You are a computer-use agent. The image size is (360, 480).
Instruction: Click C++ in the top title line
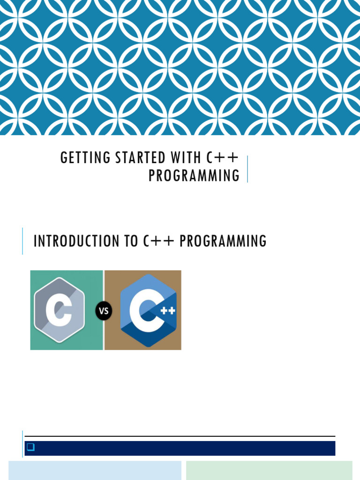[223, 158]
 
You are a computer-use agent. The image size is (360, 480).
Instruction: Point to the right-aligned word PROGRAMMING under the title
[194, 175]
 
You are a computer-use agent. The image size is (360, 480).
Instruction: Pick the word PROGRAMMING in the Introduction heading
[223, 241]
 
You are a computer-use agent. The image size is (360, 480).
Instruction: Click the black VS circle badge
[104, 311]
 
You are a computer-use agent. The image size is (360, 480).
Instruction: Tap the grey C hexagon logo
[59, 310]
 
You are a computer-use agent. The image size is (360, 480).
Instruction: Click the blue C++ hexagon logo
[148, 310]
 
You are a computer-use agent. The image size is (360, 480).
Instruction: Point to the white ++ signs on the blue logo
[168, 310]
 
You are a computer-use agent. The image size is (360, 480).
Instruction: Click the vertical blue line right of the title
[247, 169]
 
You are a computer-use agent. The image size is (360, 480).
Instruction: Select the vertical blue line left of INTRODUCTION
[22, 241]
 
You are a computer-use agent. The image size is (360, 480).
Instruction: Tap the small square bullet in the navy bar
[30, 448]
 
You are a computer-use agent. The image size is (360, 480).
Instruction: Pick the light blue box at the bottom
[95, 470]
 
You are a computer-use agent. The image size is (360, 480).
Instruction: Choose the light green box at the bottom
[269, 470]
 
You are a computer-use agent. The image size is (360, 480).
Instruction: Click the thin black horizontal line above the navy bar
[180, 436]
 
